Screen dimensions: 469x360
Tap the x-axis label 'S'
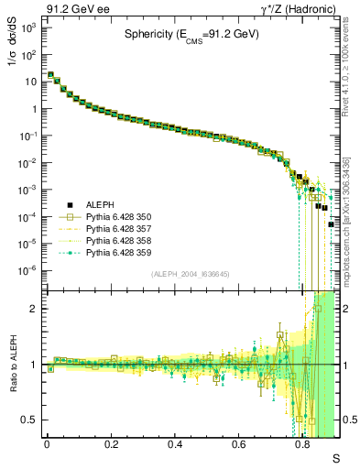(x=335, y=458)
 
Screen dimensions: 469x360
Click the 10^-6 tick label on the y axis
(x=28, y=270)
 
